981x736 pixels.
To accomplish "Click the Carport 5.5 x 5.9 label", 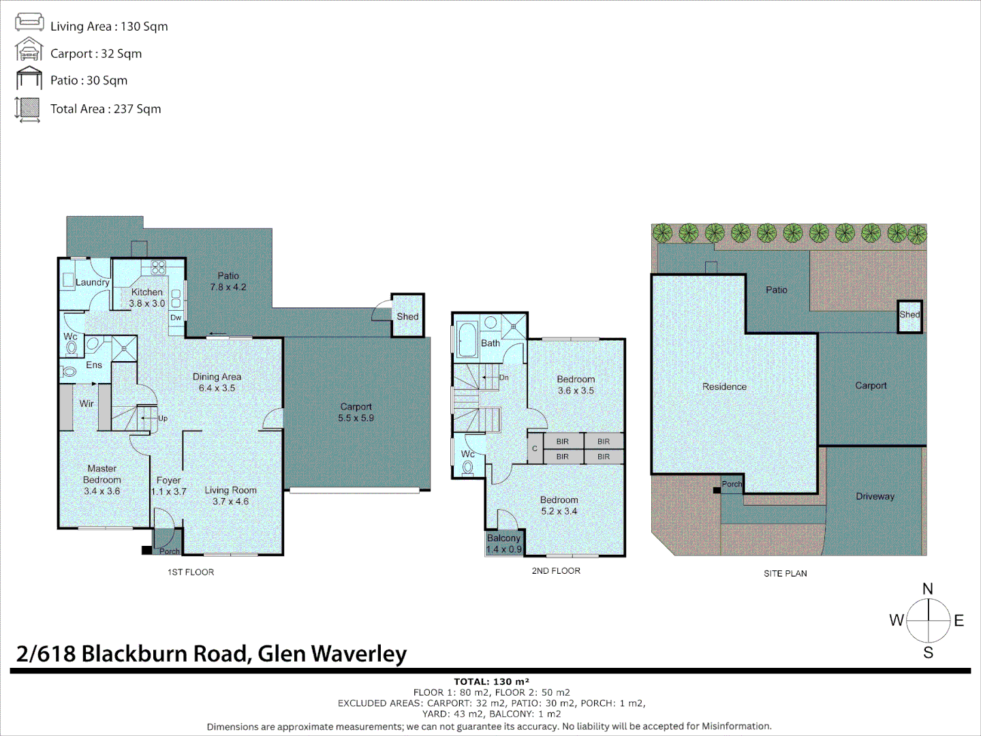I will coord(356,412).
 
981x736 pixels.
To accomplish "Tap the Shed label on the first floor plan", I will coord(407,316).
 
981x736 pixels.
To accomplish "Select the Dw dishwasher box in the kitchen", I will coord(176,318).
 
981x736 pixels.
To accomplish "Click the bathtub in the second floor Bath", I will coord(467,339).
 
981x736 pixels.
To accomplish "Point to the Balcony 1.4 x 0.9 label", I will coord(503,543).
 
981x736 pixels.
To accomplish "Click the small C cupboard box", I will coord(535,448).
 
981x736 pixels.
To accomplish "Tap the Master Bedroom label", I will coord(102,479).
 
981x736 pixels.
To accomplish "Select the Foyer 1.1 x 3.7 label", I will coord(168,486).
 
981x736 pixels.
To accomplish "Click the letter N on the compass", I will coord(927,589).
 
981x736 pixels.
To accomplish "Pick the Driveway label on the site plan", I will coord(875,496).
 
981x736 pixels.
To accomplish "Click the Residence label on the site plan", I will coord(724,386).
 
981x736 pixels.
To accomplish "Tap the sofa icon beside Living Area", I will coord(29,22).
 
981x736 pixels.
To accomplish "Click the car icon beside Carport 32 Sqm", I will coord(29,50).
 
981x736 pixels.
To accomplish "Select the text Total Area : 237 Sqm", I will coord(106,109).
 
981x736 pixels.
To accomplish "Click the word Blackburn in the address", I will coord(164,654).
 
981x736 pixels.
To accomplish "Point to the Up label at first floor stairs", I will coord(162,418).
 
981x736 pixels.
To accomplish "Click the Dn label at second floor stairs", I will coord(503,378).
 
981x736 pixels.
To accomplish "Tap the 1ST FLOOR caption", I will coord(191,572).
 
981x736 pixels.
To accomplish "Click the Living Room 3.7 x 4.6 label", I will coord(230,495).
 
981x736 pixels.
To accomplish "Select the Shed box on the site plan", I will coord(909,316).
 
